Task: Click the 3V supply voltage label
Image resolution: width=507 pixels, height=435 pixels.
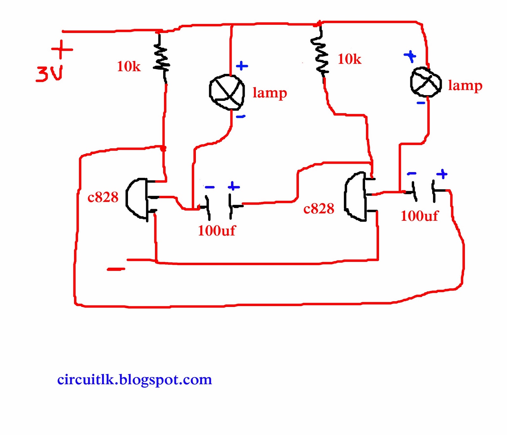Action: [x=50, y=74]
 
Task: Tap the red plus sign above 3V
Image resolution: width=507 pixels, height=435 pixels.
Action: [x=62, y=49]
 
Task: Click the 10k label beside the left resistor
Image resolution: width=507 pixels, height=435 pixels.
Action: [x=129, y=67]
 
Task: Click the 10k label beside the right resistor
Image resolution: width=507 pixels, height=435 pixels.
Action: [x=349, y=59]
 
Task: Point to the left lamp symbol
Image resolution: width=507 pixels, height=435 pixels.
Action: [x=227, y=92]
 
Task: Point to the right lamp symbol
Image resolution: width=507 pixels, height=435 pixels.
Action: [x=426, y=82]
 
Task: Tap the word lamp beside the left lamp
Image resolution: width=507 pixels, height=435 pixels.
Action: [x=270, y=93]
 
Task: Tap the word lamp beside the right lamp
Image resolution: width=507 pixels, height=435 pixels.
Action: [x=465, y=86]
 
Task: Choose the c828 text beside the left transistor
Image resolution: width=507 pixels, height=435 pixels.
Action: [x=103, y=197]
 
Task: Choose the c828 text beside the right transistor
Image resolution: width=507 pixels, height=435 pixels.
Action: [x=318, y=209]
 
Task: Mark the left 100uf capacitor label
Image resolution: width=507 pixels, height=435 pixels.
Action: [x=217, y=230]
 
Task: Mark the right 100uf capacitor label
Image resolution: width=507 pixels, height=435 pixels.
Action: [x=419, y=216]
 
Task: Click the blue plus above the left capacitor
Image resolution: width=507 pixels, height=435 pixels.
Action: [x=234, y=186]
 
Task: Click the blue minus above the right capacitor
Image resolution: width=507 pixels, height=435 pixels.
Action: [x=411, y=173]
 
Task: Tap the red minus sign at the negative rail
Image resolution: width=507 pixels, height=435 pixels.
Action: [x=116, y=269]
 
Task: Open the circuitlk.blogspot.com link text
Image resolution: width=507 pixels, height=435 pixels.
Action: [x=134, y=380]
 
